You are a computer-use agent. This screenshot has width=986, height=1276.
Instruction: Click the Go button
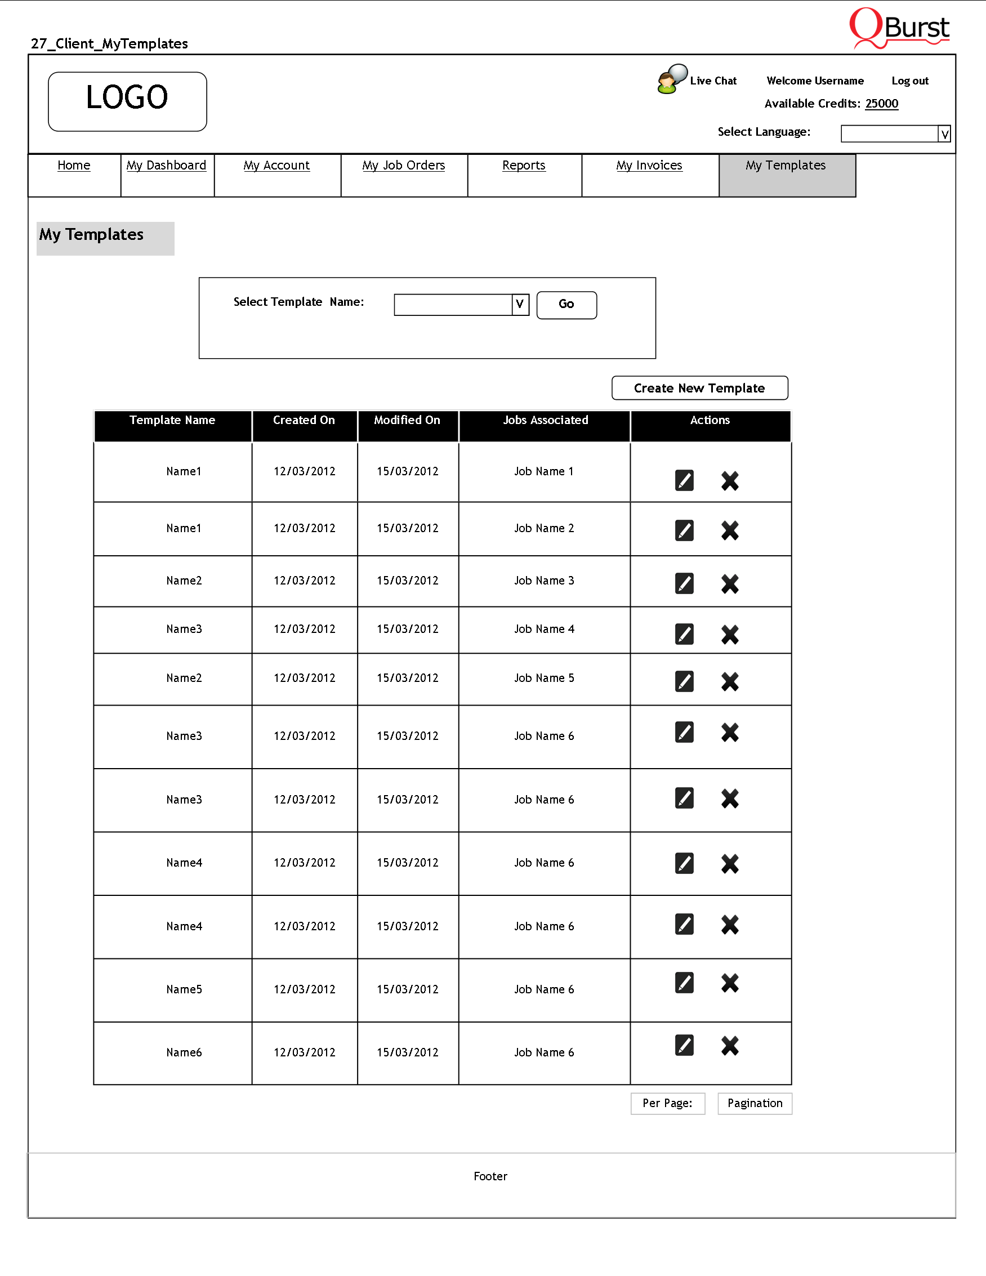[566, 305]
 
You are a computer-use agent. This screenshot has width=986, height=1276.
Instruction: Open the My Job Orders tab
[403, 166]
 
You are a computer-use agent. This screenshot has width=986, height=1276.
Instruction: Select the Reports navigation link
[523, 166]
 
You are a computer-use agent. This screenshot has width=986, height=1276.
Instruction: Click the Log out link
[909, 81]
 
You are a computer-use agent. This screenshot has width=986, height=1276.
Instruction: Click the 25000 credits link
[881, 104]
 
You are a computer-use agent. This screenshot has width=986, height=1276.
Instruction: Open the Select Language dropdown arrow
[944, 135]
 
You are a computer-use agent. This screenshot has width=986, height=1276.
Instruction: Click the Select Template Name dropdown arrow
[520, 305]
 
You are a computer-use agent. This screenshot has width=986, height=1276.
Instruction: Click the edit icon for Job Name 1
[684, 480]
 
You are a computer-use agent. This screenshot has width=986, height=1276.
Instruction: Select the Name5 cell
[184, 989]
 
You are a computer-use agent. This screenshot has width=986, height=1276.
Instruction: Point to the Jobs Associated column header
[545, 421]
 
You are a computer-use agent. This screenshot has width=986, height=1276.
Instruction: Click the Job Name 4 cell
[544, 629]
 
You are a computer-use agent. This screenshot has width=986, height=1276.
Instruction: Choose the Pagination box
[754, 1103]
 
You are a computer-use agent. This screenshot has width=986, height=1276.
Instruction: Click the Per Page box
[667, 1103]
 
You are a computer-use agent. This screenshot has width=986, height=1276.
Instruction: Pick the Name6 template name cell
[184, 1052]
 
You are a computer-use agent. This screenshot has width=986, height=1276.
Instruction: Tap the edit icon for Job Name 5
[684, 681]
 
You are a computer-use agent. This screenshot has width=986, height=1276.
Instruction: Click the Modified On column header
[407, 421]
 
